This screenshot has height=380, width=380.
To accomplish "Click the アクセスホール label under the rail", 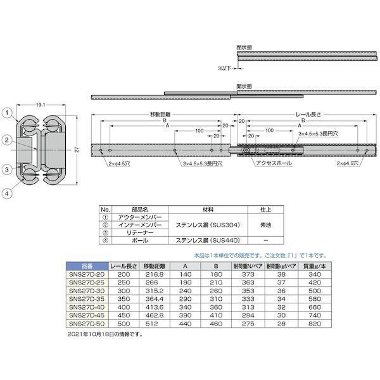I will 272,163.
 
